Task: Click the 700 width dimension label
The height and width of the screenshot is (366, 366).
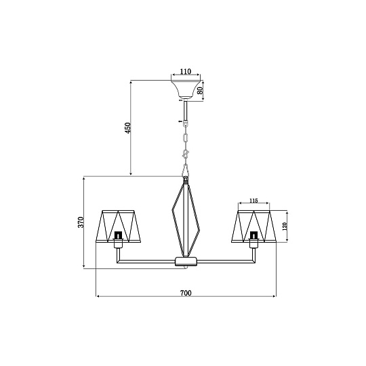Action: click(186, 293)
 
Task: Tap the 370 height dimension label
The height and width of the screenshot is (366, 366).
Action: click(81, 222)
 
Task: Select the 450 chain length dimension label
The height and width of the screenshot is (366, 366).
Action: click(127, 127)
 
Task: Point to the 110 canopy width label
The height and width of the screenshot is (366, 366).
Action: click(186, 71)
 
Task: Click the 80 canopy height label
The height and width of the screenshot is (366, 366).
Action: click(200, 91)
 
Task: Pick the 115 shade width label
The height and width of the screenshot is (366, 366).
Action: click(253, 201)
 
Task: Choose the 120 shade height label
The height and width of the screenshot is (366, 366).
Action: click(284, 226)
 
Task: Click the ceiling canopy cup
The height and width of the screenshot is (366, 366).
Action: click(186, 89)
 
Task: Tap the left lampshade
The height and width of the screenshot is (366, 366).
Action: click(119, 226)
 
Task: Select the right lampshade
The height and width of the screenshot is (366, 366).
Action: click(254, 226)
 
